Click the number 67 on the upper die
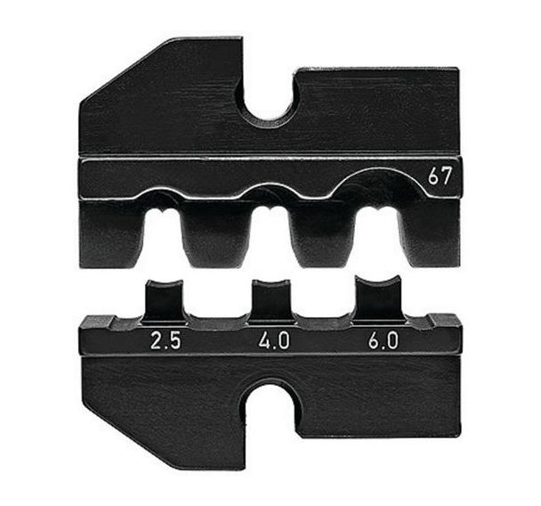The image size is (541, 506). point(439,176)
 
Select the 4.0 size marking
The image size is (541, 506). point(271,339)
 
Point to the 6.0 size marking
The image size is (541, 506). point(380,339)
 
